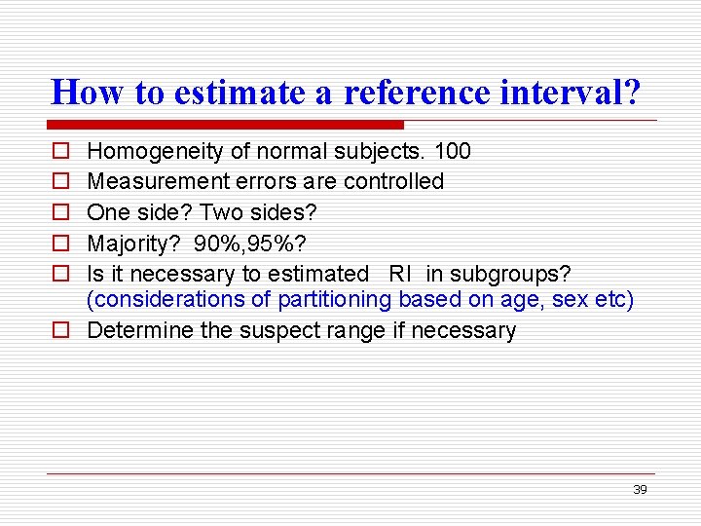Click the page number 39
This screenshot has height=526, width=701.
pos(640,490)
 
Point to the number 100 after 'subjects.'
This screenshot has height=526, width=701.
pos(452,151)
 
